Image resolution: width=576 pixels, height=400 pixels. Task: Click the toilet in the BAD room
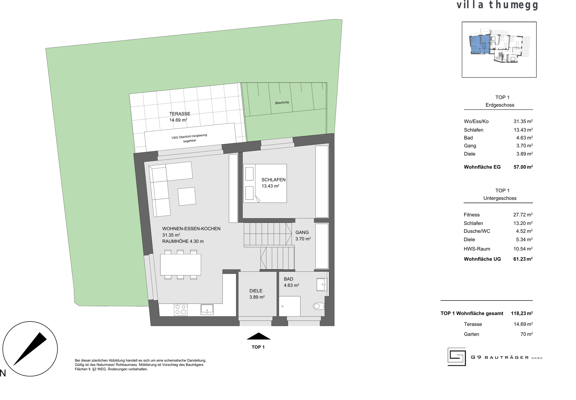pos(319,306)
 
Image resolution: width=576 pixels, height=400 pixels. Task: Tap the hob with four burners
pos(180,310)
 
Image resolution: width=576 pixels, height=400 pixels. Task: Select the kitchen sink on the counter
pos(207,310)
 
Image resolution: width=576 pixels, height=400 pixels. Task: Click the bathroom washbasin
pos(322,284)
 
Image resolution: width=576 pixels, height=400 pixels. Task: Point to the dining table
pos(180,265)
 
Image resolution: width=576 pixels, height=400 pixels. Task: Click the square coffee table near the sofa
pos(187,196)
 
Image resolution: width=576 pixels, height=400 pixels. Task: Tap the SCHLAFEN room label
pos(273,180)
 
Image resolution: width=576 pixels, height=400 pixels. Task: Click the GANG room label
pos(302,232)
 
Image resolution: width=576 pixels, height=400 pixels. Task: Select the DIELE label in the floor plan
pos(256,291)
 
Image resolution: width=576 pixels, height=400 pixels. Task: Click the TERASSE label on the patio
pos(180,114)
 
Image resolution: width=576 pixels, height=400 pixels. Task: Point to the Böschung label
pos(282,102)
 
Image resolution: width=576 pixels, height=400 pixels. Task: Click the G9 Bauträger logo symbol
pos(457,357)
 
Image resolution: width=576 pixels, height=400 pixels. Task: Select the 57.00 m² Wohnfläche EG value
pos(523,167)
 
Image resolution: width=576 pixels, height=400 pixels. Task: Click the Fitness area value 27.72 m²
pos(523,215)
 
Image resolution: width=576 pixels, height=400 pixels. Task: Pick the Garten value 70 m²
pos(527,334)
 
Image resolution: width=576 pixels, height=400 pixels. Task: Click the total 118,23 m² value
pos(522,313)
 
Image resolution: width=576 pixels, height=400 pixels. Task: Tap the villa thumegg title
pos(497,5)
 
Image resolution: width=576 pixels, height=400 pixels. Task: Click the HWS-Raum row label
pos(477,249)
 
